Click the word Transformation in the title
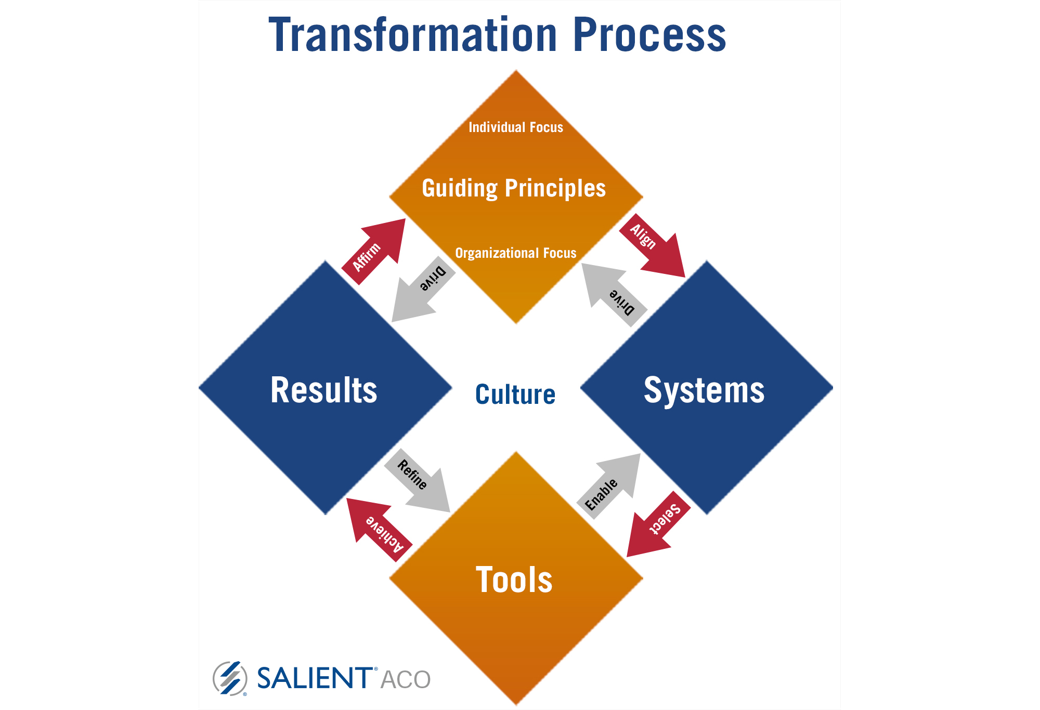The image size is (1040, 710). [413, 35]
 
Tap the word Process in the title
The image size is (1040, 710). [649, 35]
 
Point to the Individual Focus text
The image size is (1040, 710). [516, 127]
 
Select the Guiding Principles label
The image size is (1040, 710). [514, 188]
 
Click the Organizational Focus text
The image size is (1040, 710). [516, 253]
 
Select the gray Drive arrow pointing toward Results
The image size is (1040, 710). [423, 290]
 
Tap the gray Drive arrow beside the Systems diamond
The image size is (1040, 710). [614, 295]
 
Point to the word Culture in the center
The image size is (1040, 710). [515, 395]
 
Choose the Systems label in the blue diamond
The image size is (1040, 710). [705, 390]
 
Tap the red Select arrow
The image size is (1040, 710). [658, 524]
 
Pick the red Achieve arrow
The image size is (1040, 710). [379, 530]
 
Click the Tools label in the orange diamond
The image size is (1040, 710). [514, 580]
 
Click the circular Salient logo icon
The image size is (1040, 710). [230, 678]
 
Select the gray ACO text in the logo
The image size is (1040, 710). [406, 680]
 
